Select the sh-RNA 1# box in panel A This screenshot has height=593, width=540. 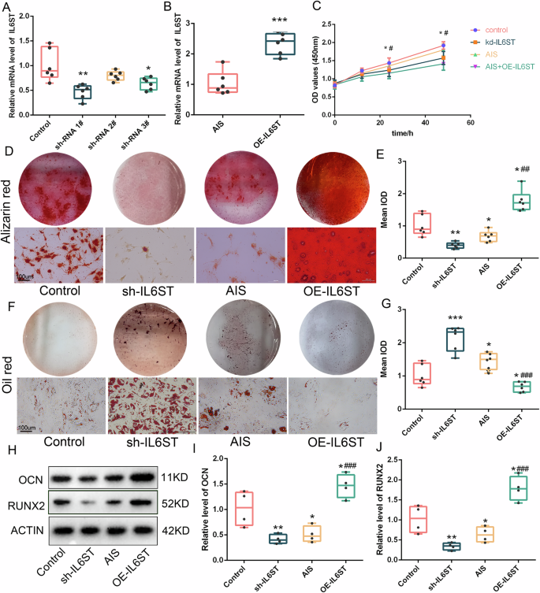click(80, 92)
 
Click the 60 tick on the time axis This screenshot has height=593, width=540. click(470, 124)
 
